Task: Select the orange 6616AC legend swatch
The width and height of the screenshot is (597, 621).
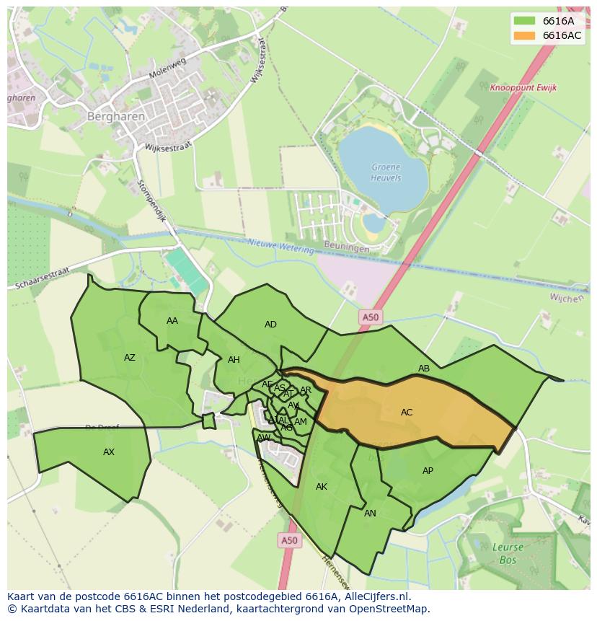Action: pos(525,35)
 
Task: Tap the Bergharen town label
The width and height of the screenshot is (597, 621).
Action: pos(116,116)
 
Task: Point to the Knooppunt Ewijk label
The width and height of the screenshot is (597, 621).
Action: pos(523,88)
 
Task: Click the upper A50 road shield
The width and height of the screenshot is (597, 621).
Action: pos(370,317)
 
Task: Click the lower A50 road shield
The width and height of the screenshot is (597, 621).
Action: pos(288,539)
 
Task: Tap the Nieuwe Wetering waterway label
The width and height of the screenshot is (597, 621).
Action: pos(281,247)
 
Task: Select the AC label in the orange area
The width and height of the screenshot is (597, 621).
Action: pos(407,413)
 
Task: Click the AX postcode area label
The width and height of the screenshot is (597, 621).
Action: pos(109,452)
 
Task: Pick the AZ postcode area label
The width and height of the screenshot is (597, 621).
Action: pos(130,358)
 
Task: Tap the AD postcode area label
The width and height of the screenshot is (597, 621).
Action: pos(270,325)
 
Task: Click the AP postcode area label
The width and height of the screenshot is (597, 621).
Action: pos(428,471)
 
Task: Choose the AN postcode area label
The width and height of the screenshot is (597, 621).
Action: pos(370,514)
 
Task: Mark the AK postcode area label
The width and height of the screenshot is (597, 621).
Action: pos(322,487)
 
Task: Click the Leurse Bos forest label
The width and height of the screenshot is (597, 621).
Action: pos(508,552)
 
